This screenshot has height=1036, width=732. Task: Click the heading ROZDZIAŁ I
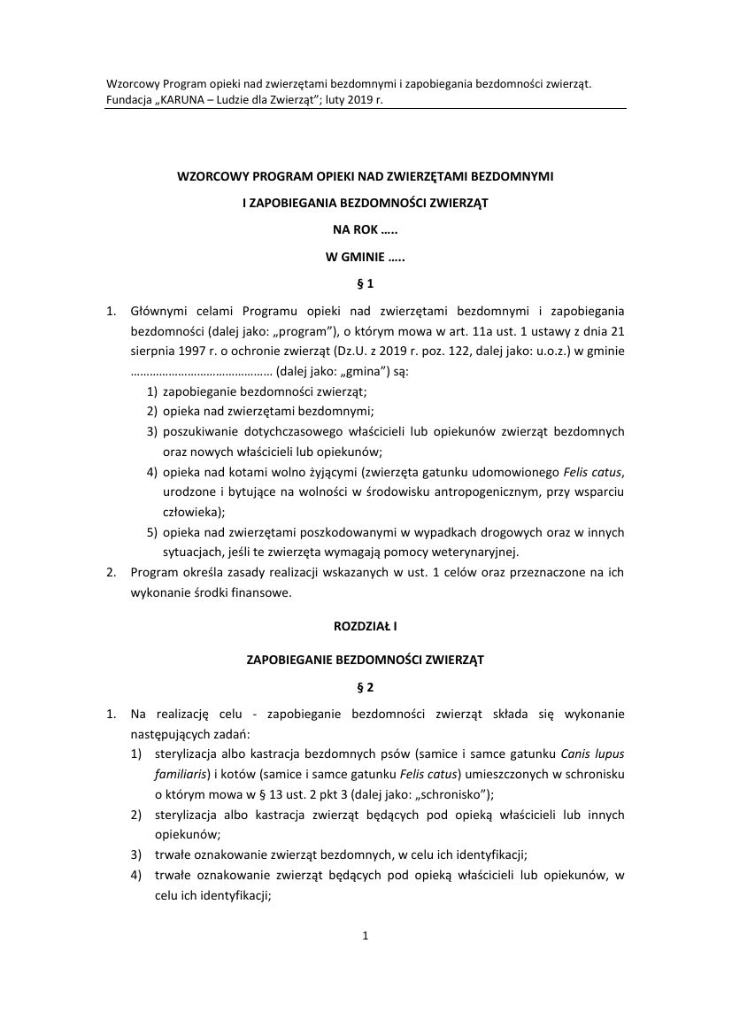point(366,625)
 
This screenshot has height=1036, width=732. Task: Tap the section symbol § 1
point(366,284)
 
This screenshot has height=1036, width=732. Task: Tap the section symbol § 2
point(366,686)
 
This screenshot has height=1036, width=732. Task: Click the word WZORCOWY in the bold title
point(211,177)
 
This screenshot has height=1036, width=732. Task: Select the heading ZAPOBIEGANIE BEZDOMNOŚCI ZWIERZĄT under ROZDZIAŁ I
point(366,660)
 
